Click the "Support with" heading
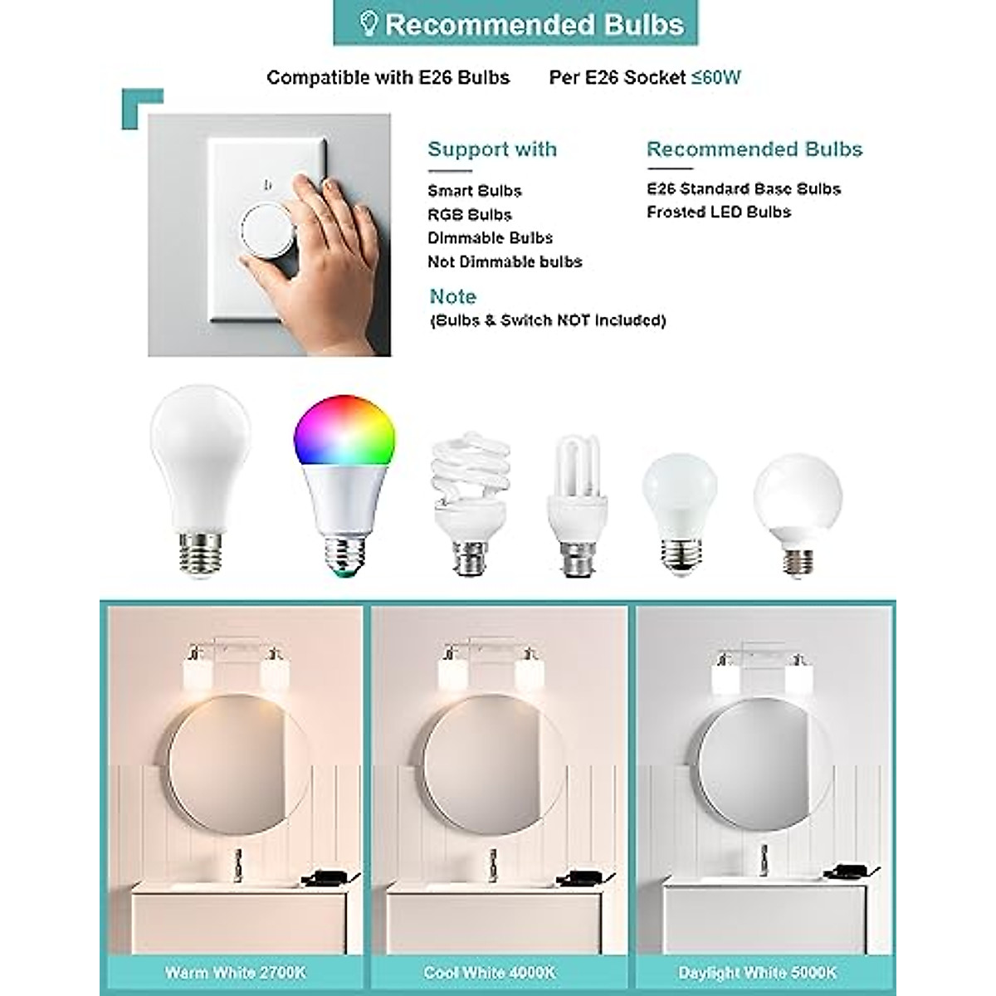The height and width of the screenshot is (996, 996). coord(492,149)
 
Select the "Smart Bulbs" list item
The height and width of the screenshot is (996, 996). coord(475,191)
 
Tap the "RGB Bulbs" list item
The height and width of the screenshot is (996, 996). coord(470,215)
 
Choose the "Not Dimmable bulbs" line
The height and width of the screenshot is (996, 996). coord(505,262)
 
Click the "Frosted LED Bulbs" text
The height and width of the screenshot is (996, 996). coord(719,212)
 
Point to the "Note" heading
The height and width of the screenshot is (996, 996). coord(453,296)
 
